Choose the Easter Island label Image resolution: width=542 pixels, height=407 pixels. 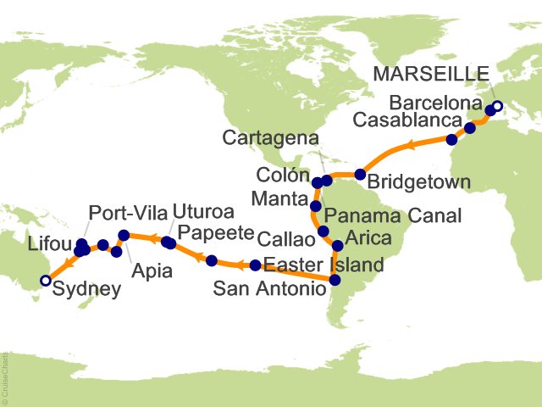point(324,265)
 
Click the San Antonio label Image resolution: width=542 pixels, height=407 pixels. point(268,289)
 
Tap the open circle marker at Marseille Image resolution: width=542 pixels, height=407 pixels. point(497,106)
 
